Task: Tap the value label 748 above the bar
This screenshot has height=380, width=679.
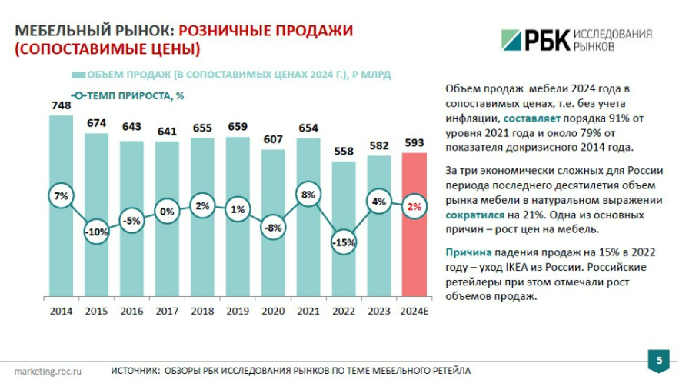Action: point(61,106)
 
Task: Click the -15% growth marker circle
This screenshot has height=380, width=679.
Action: point(344,242)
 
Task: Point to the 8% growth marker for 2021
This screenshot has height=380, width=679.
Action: point(308,195)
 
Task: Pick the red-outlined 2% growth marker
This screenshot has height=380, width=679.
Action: point(414,206)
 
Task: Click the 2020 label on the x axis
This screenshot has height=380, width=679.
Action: point(273,312)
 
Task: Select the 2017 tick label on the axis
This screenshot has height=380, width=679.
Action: point(167,312)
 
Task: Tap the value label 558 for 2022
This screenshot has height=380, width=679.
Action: point(344,152)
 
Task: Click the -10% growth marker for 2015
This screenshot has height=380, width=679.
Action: point(96,232)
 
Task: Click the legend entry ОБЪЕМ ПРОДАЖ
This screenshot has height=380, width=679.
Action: point(231,75)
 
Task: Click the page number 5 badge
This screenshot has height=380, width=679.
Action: point(659,359)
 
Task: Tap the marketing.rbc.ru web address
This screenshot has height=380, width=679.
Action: point(48,370)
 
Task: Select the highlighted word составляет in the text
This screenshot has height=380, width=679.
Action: point(528,119)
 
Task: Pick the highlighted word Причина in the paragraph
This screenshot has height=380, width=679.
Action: point(468,252)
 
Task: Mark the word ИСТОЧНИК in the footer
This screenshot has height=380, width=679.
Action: point(134,370)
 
